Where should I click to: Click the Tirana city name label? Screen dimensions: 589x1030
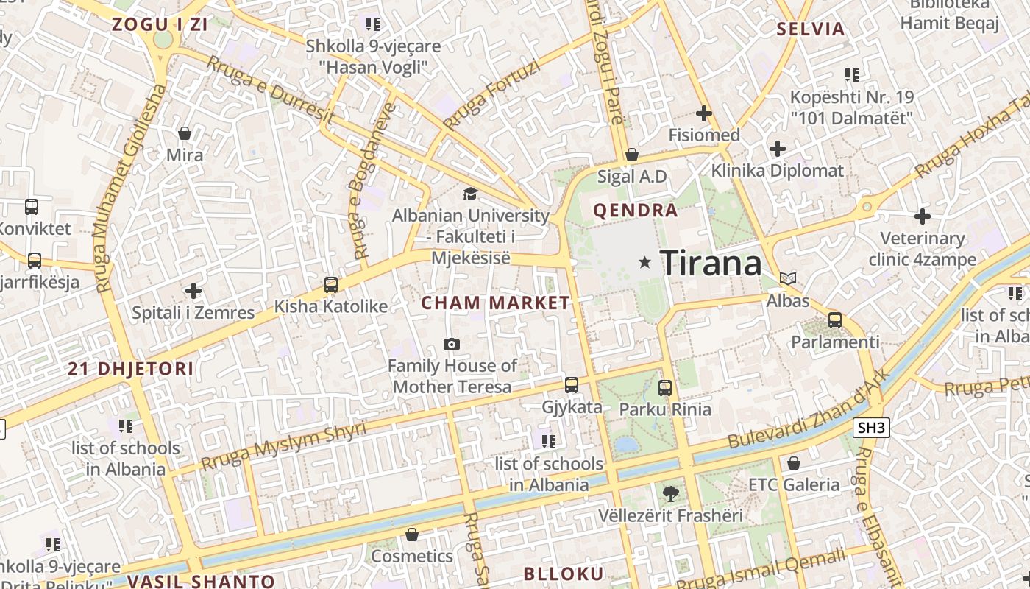pyautogui.click(x=711, y=263)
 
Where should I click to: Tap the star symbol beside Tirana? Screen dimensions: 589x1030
pyautogui.click(x=645, y=262)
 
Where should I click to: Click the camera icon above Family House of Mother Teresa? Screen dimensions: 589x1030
pyautogui.click(x=452, y=344)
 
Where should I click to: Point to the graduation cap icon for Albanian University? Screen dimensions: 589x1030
pyautogui.click(x=469, y=194)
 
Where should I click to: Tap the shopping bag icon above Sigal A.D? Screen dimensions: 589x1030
pyautogui.click(x=631, y=155)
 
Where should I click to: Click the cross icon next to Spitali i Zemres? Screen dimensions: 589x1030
pyautogui.click(x=193, y=291)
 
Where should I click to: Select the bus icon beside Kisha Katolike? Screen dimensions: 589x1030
pyautogui.click(x=331, y=284)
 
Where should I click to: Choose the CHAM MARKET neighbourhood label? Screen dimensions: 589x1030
pyautogui.click(x=495, y=303)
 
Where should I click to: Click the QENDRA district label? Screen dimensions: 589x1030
pyautogui.click(x=635, y=211)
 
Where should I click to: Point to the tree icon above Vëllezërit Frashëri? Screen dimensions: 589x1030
pyautogui.click(x=670, y=494)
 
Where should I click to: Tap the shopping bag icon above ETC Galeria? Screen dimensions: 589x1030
pyautogui.click(x=793, y=463)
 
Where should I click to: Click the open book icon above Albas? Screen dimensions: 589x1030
pyautogui.click(x=788, y=279)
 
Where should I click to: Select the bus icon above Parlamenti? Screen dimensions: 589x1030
pyautogui.click(x=834, y=320)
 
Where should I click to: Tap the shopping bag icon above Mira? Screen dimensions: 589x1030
pyautogui.click(x=184, y=133)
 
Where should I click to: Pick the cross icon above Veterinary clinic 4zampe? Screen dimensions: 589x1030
pyautogui.click(x=922, y=216)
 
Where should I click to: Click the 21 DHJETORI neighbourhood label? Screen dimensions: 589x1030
pyautogui.click(x=131, y=369)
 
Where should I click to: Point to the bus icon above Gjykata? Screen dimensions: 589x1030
pyautogui.click(x=572, y=385)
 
